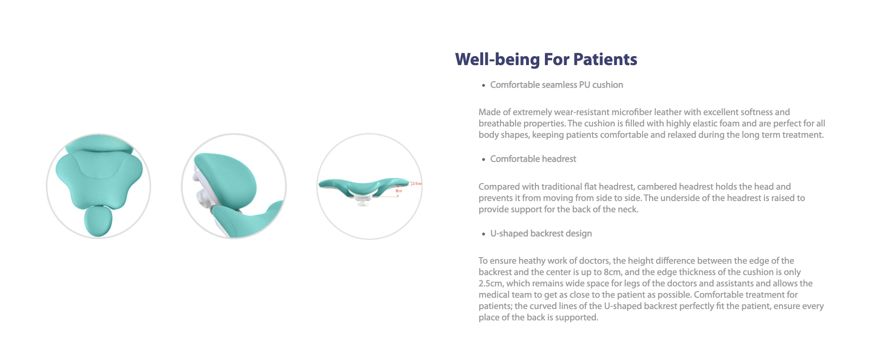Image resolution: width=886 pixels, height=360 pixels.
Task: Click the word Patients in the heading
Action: (x=605, y=59)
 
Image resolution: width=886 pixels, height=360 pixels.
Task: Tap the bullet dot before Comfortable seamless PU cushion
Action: (x=484, y=86)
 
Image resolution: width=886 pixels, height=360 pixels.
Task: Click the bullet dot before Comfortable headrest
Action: (x=484, y=160)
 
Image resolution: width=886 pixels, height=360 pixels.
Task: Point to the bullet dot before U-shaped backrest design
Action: (x=484, y=234)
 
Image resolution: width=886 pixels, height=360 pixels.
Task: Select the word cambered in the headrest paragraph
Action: (x=654, y=187)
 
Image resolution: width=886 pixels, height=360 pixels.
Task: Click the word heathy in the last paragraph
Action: (x=532, y=261)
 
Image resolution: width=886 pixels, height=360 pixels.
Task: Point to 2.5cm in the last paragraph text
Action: (x=491, y=284)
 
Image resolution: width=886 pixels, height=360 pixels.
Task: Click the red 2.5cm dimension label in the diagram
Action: (x=417, y=184)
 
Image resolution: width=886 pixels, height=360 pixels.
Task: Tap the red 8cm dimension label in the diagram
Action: (x=399, y=191)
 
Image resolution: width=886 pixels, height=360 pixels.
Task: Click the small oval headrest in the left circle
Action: (x=98, y=222)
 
